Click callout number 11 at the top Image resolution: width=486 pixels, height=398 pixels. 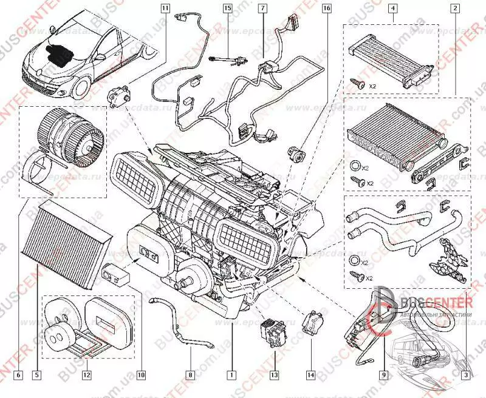click(165, 8)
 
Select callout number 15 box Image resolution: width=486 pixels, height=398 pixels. click(227, 8)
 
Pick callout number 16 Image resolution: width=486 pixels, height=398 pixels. click(327, 8)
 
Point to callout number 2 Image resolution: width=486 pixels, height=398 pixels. click(454, 8)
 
